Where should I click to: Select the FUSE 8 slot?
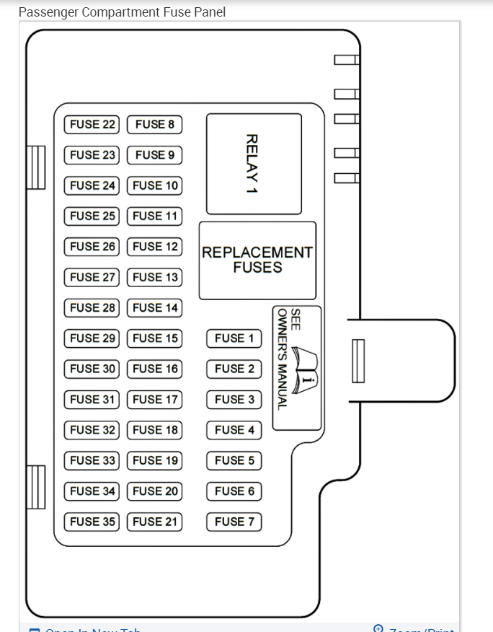(155, 124)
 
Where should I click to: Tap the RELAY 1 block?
(254, 164)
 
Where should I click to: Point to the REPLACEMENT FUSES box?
(257, 260)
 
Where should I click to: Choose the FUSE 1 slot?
(234, 338)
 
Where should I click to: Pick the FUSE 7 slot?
(234, 522)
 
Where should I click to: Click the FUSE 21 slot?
(155, 522)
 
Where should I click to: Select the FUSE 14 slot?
(155, 307)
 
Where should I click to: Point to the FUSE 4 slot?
(234, 430)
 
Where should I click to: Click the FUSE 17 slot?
(155, 399)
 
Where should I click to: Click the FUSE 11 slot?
(155, 216)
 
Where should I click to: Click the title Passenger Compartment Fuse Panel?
(122, 12)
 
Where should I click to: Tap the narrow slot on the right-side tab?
(358, 361)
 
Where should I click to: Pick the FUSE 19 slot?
(155, 460)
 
